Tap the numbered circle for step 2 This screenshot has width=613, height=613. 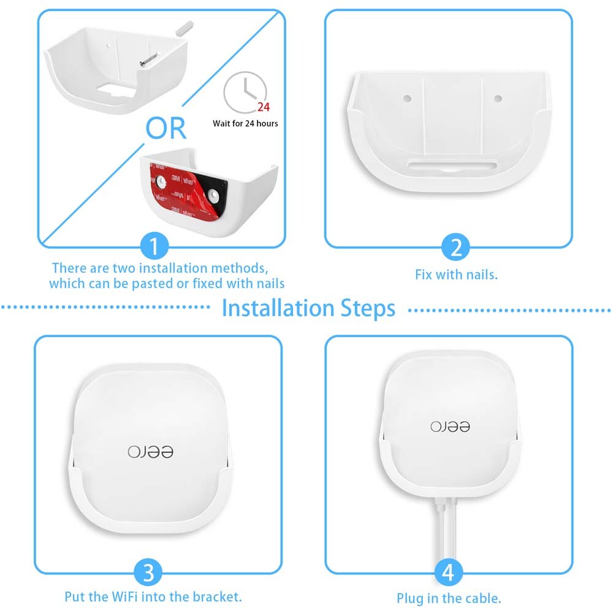click(455, 248)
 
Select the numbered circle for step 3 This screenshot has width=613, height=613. click(149, 573)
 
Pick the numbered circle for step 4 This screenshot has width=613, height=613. click(448, 573)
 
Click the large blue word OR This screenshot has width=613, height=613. click(166, 128)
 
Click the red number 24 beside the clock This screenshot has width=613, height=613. click(263, 107)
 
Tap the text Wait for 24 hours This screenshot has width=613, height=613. click(245, 123)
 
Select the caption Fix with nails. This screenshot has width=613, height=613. click(456, 274)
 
